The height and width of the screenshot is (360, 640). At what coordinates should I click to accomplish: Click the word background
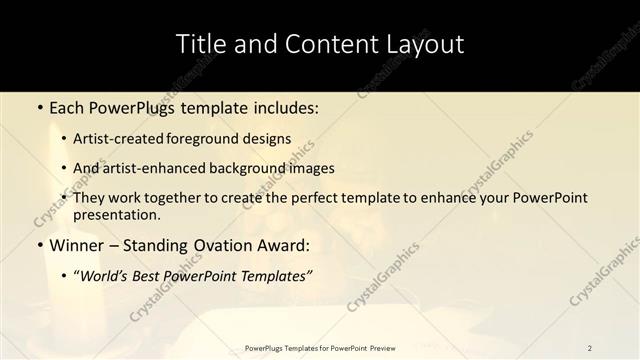click(x=248, y=169)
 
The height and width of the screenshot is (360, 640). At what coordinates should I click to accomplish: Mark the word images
click(x=310, y=169)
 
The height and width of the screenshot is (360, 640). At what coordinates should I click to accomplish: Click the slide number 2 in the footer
click(x=590, y=348)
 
